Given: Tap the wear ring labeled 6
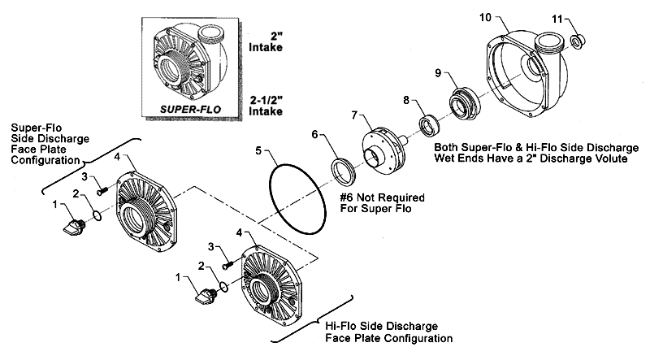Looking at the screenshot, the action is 343,171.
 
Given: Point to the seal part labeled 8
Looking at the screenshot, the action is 429,125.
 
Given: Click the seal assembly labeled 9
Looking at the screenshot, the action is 465,103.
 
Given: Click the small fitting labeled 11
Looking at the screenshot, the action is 578,41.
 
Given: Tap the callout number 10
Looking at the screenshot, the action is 485,17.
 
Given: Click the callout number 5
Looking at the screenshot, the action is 258,150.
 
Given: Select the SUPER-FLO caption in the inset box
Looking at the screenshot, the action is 191,110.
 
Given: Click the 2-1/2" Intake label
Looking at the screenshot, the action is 266,106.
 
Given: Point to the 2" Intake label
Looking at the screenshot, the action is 266,42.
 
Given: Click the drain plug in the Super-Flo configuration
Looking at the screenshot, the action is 74,226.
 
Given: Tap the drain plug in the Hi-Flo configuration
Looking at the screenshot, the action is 206,296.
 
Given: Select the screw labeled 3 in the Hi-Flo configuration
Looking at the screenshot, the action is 228,264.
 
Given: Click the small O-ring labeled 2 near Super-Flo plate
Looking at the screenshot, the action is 96,216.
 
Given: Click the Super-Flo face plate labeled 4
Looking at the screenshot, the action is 146,211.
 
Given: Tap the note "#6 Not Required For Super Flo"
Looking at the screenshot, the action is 382,202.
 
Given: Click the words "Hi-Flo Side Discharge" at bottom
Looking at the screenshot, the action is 381,327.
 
